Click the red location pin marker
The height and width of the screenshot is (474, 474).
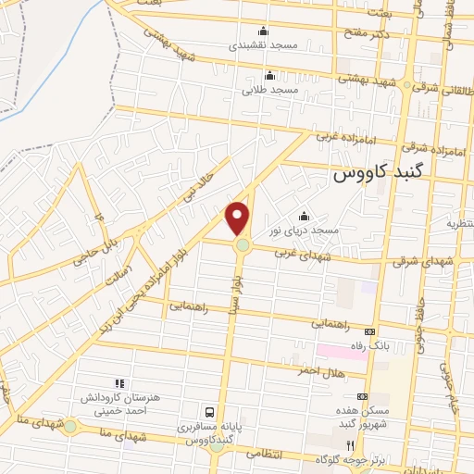click(238, 217)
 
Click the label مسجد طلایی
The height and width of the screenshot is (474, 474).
click(269, 90)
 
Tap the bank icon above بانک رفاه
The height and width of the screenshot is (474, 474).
click(370, 331)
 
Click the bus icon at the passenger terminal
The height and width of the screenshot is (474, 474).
click(209, 411)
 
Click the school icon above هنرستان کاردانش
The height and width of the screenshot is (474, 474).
click(118, 382)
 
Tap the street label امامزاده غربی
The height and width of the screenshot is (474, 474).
click(342, 136)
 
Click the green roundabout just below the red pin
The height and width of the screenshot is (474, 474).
click(243, 245)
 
